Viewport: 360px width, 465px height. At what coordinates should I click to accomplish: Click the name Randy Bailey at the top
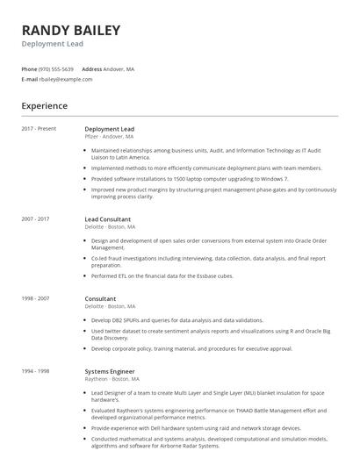tap(71, 31)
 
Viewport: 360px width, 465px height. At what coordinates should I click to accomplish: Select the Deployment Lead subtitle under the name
tap(52, 44)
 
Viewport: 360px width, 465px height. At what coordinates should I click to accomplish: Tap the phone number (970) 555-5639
tap(57, 68)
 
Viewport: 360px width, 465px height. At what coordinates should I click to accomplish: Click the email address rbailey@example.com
tap(66, 79)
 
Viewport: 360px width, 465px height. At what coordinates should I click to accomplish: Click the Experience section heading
tap(45, 106)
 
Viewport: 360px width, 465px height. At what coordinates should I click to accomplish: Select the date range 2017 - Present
tap(39, 129)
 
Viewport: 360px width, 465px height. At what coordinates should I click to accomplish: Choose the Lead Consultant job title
tap(108, 218)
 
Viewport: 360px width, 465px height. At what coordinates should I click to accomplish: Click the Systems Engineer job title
tap(110, 371)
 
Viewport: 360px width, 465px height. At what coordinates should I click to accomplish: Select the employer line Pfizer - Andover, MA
tap(109, 137)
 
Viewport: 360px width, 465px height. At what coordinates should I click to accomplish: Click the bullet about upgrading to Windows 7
tap(177, 178)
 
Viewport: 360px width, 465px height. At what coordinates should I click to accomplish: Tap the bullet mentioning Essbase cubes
tap(162, 275)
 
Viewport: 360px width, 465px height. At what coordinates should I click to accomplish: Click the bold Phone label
tap(29, 68)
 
